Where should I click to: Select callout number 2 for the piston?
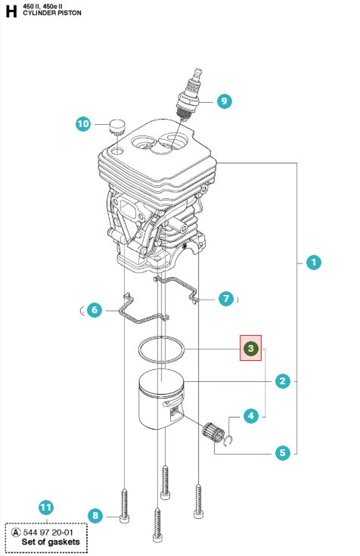(x=282, y=381)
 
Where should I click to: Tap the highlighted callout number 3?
(x=250, y=348)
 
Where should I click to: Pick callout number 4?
(x=251, y=415)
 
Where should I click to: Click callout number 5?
(x=282, y=453)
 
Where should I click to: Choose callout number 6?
(x=93, y=309)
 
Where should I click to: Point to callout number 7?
(x=225, y=299)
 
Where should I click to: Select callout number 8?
(x=95, y=516)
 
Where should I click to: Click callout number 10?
(x=83, y=124)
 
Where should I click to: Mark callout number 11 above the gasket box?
(x=46, y=507)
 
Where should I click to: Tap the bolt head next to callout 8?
(x=124, y=517)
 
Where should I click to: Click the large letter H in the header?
(x=11, y=11)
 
